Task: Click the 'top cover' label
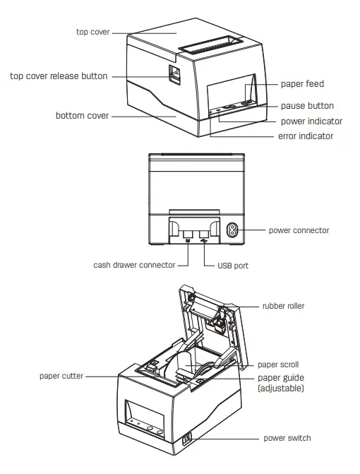[92, 32]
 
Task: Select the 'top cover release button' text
[59, 76]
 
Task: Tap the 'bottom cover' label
[82, 115]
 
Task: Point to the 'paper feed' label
[302, 84]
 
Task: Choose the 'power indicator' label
[311, 121]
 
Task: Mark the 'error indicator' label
[305, 136]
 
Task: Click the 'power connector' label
[299, 230]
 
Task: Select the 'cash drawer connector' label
[134, 266]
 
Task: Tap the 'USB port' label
[230, 266]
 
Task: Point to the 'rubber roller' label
[283, 306]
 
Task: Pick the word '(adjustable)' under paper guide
[280, 389]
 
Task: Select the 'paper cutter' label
[61, 376]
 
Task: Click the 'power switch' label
[287, 438]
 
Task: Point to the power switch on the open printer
[186, 439]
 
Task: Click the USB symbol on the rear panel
[204, 241]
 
